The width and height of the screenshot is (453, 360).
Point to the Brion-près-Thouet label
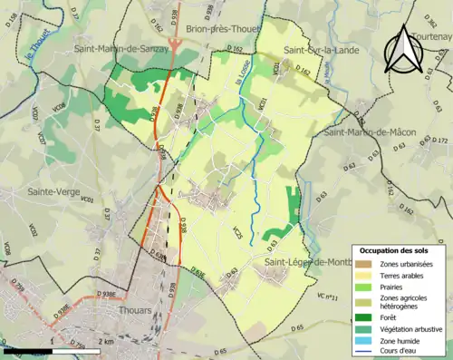(226, 29)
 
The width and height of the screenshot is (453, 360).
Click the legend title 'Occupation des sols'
(394, 250)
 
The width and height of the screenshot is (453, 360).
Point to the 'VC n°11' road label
(327, 297)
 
